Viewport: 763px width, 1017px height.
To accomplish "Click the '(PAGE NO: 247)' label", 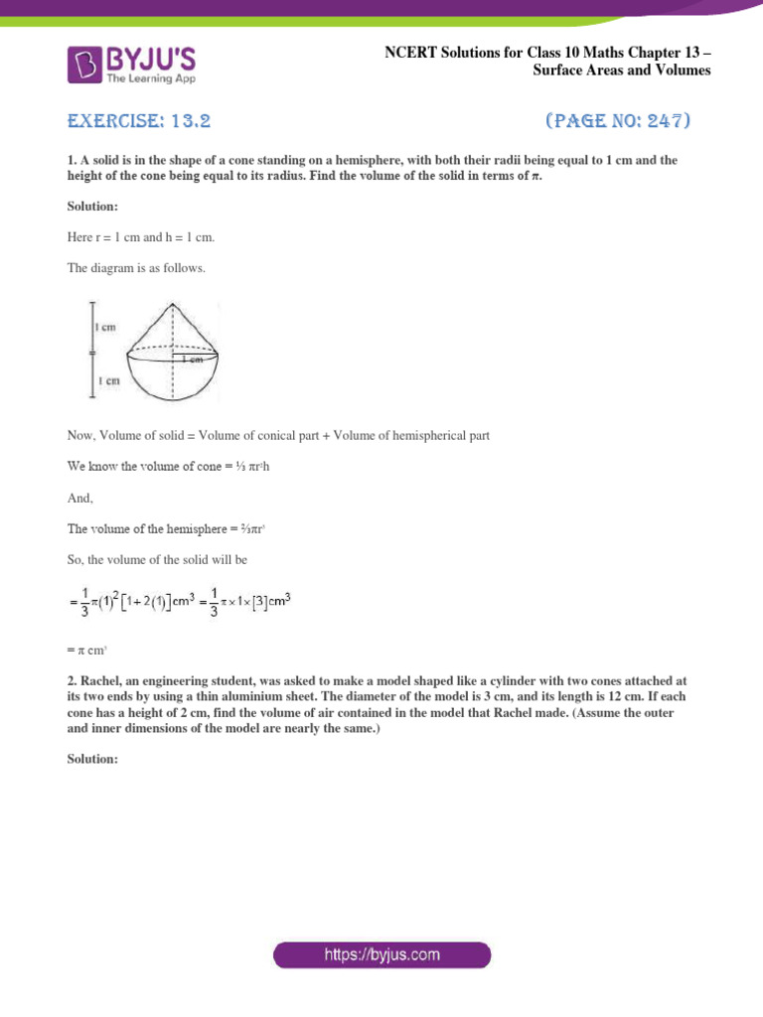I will [618, 122].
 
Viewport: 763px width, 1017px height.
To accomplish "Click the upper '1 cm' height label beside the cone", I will [108, 327].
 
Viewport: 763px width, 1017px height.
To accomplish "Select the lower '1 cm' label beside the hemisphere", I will [108, 379].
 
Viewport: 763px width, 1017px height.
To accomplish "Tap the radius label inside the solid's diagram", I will [193, 359].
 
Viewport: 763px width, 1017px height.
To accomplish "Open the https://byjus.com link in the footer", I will [381, 955].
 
